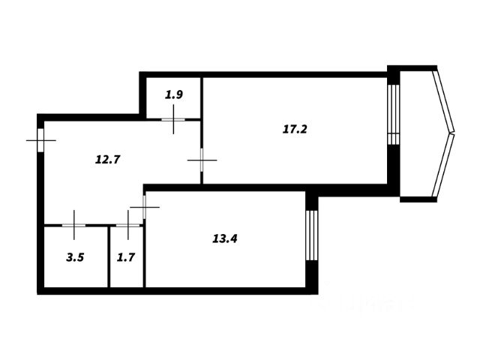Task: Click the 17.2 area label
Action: pos(295,129)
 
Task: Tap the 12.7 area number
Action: pos(109,158)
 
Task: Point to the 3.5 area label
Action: pos(75,257)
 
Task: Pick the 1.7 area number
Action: pos(126,257)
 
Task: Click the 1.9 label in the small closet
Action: pos(174,94)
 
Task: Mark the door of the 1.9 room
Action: pos(173,118)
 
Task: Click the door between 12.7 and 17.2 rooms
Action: pos(202,159)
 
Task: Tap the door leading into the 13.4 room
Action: pos(144,205)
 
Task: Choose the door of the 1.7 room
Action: pos(128,224)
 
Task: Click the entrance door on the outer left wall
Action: pos(40,140)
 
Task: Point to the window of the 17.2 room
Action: pos(392,113)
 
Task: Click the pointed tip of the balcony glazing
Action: pos(453,133)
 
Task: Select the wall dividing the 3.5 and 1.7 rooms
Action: pos(109,256)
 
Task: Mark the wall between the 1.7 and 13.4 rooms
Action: pos(144,256)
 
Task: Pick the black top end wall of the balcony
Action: pos(418,68)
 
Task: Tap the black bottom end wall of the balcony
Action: pos(418,199)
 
